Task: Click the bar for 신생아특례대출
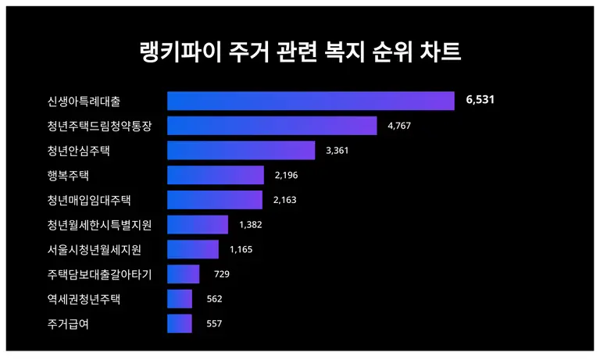point(310,101)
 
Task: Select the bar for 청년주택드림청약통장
point(272,126)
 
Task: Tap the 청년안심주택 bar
point(241,151)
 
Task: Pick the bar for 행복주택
point(216,175)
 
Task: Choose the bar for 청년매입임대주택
point(215,200)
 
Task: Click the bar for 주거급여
point(180,324)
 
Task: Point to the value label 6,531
point(480,101)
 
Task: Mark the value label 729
point(221,274)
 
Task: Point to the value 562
point(215,299)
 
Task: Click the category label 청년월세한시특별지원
point(99,225)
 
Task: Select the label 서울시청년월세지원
point(95,250)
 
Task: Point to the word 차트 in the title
point(443,52)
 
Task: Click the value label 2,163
point(285,200)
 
